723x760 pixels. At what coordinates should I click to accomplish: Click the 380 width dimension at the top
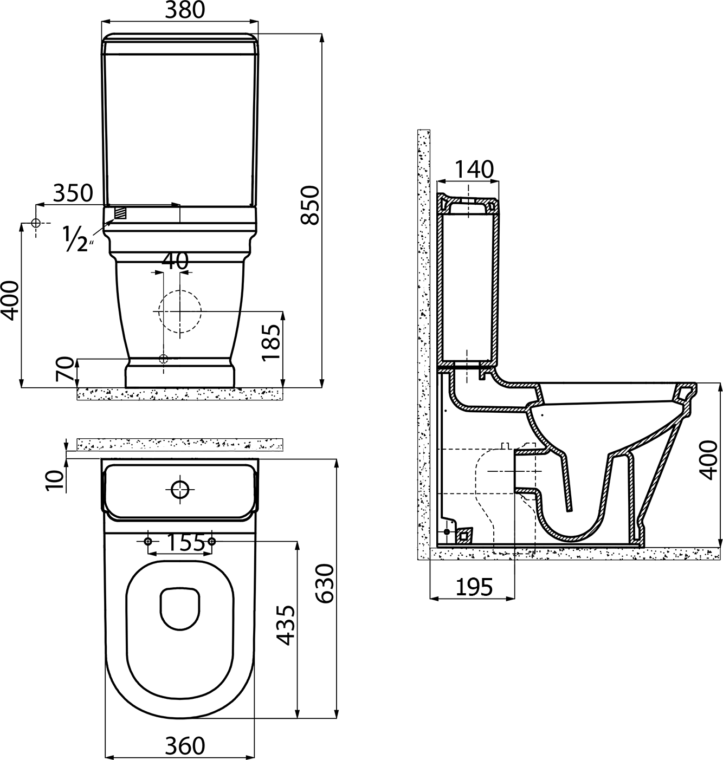pyautogui.click(x=184, y=10)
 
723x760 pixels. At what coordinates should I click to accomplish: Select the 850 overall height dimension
pyautogui.click(x=310, y=205)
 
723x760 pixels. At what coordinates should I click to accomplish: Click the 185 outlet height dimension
pyautogui.click(x=271, y=343)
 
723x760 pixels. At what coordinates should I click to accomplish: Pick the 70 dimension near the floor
pyautogui.click(x=64, y=369)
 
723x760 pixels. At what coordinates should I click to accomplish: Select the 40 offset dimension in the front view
pyautogui.click(x=175, y=261)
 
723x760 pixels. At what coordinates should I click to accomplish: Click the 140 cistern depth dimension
pyautogui.click(x=474, y=169)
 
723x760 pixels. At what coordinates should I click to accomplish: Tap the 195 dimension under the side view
pyautogui.click(x=474, y=587)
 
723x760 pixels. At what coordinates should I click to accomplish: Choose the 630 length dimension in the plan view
pyautogui.click(x=324, y=584)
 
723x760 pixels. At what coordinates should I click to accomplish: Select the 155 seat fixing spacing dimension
pyautogui.click(x=185, y=542)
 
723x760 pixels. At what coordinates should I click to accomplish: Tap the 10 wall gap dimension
pyautogui.click(x=55, y=480)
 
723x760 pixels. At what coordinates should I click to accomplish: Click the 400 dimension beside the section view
pyautogui.click(x=709, y=460)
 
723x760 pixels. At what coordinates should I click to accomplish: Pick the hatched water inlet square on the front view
pyautogui.click(x=121, y=212)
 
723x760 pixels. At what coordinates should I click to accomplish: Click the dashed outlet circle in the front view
pyautogui.click(x=179, y=311)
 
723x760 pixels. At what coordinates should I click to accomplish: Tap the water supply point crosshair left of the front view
pyautogui.click(x=36, y=223)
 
